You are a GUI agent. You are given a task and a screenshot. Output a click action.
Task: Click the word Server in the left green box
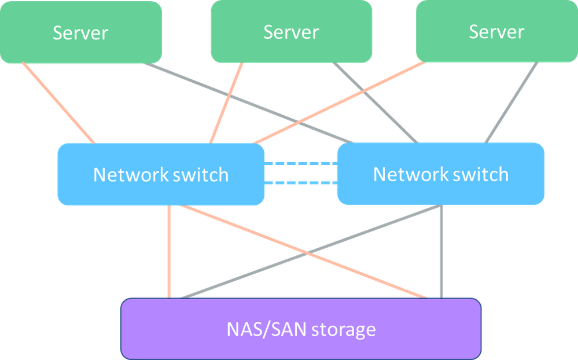click(80, 32)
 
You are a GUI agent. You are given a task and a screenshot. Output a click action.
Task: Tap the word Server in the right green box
click(496, 32)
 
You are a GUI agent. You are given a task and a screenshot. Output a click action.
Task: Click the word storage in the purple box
click(344, 330)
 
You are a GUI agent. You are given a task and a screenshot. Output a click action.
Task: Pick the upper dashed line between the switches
click(300, 164)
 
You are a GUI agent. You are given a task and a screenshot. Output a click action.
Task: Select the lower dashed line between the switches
click(300, 183)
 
